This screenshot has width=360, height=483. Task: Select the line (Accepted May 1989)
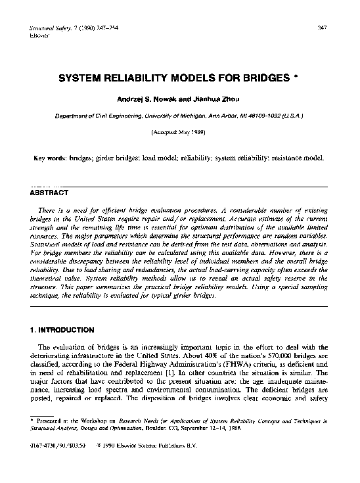point(179,131)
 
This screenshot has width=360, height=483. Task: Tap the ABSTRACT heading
point(50,194)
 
